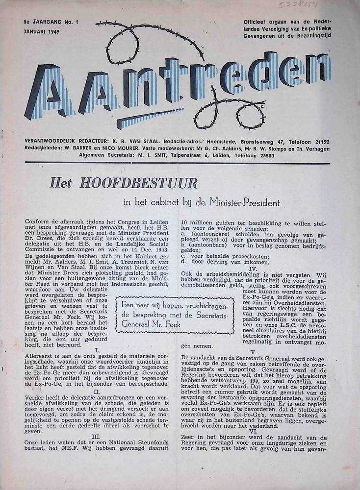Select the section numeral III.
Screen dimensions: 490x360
[96, 436]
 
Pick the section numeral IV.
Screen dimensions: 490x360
[253, 268]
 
